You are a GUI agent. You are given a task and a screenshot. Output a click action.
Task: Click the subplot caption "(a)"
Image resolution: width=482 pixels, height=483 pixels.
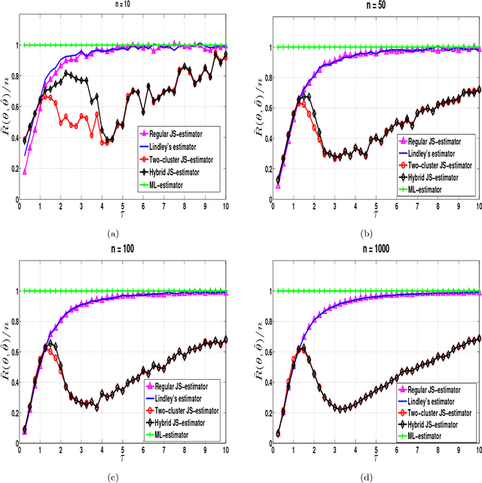(x=114, y=234)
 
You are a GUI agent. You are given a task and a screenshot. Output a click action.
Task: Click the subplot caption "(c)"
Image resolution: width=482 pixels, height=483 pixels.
(x=114, y=478)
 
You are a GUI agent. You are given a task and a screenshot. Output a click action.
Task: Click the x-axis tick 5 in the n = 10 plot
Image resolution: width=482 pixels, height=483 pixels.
(x=123, y=205)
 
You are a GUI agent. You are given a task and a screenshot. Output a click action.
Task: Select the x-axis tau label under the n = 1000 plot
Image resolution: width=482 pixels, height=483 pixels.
(x=374, y=459)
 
